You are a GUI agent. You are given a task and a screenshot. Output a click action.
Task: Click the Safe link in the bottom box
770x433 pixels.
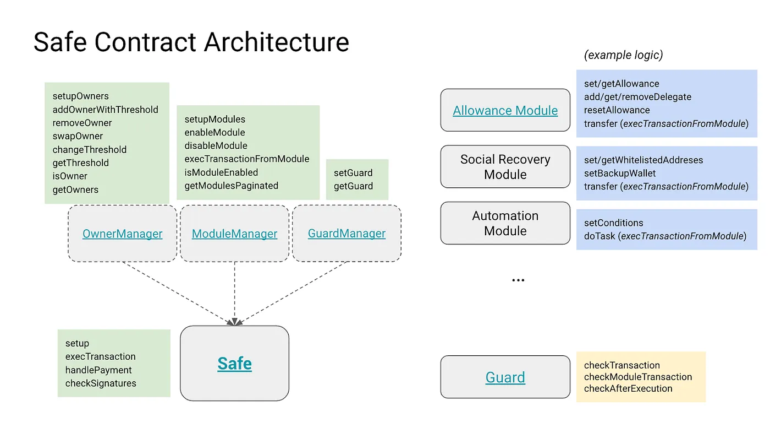point(234,364)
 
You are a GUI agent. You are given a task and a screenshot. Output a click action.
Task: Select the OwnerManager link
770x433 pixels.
point(122,234)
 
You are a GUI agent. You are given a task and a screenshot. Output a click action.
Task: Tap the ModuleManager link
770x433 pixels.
point(234,234)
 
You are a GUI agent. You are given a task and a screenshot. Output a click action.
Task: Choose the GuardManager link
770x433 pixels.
point(346,234)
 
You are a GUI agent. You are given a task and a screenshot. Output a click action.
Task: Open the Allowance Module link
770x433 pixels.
point(505,111)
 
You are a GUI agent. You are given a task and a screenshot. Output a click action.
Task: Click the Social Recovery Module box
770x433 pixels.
point(505,166)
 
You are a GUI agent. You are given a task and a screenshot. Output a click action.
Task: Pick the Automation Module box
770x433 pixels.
point(505,223)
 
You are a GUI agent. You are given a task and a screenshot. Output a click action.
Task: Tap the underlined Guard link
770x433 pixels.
point(505,377)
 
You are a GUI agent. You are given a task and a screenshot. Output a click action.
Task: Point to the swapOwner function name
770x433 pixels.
point(78,136)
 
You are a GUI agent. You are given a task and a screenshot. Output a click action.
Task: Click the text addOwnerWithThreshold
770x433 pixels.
point(105,110)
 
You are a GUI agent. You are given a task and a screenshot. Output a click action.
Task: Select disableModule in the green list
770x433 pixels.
point(216,145)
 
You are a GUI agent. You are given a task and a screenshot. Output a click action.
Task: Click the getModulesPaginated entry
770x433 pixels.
point(232,186)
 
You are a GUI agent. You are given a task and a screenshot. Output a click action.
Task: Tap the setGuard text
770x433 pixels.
point(353,173)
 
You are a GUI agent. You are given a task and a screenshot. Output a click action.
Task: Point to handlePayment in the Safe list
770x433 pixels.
point(98,370)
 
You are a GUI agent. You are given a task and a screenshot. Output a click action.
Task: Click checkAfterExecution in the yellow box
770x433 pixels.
point(628,388)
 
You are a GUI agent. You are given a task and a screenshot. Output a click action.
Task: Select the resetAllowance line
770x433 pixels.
point(617,110)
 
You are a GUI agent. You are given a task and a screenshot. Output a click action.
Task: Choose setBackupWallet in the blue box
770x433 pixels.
point(620,174)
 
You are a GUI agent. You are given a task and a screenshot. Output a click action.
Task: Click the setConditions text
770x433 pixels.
point(614,223)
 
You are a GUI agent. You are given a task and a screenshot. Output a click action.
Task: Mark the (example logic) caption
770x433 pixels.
point(624,55)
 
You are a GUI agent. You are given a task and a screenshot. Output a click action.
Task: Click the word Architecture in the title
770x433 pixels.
point(277,42)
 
